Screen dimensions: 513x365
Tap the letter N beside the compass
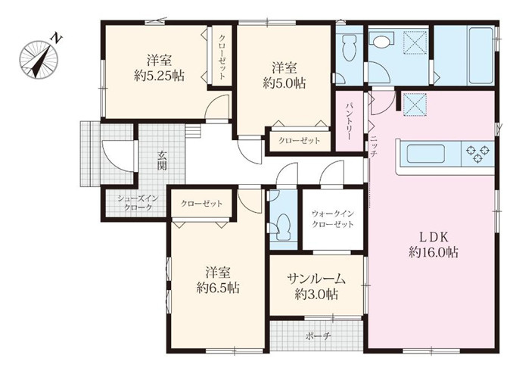pos(56,39)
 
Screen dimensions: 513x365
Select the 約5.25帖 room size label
pos(159,76)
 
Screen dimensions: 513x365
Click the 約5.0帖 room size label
pos(284,84)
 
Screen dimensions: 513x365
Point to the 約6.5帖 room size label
pos(218,288)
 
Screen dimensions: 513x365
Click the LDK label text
pos(434,237)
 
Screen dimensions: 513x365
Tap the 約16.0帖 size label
pos(434,252)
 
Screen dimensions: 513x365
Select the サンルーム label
pos(316,279)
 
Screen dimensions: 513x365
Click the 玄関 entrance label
pos(162,160)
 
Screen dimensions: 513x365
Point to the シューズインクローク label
pos(138,203)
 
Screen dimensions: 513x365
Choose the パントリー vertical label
pos(349,121)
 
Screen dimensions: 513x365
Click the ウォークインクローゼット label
pos(332,219)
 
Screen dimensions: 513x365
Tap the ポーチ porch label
pos(319,336)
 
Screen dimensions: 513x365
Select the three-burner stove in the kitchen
pos(477,154)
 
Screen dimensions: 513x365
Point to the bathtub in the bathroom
pos(481,55)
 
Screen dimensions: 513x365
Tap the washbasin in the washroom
pos(381,41)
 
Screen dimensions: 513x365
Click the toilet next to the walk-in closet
pos(283,228)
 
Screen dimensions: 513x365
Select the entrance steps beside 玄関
pos(192,131)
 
